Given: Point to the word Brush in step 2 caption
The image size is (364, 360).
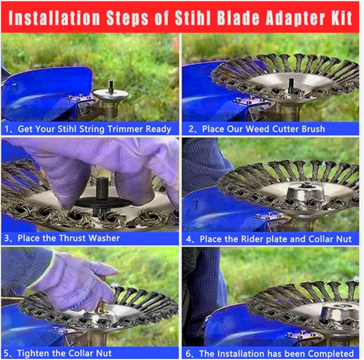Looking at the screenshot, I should point(312,129).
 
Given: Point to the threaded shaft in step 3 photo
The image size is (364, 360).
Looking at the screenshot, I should point(102,188).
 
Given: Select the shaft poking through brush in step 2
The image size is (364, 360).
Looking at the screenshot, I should point(291,85).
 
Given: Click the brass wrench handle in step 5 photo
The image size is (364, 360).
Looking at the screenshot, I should point(102,299).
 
